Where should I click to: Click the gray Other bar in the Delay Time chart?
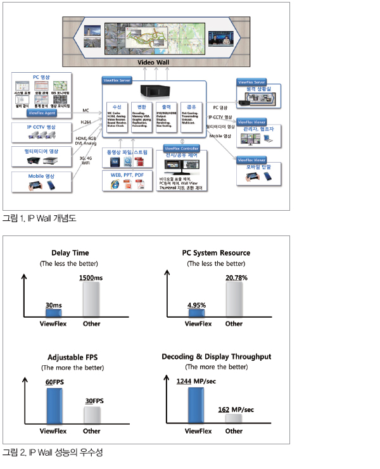tap(92, 299)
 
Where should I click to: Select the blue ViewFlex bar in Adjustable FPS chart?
tap(54, 406)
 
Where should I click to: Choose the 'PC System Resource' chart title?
tap(215, 253)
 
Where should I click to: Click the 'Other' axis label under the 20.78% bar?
tap(234, 323)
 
